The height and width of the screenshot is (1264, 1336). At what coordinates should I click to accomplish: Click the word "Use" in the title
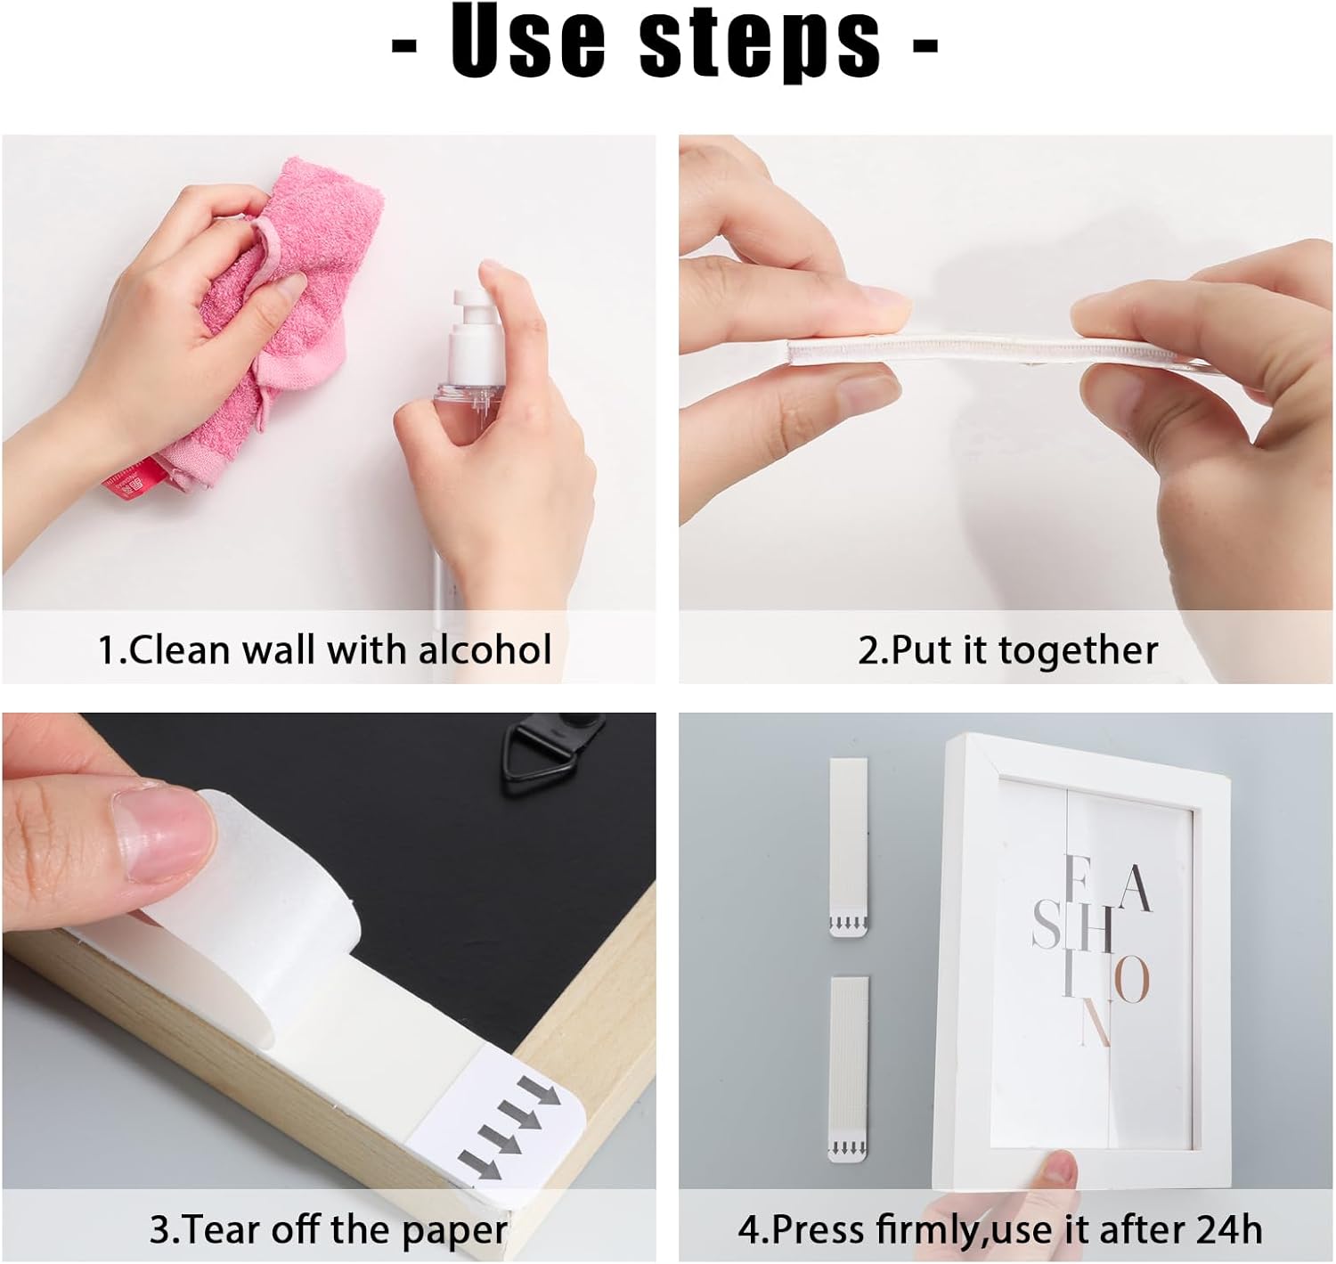click(526, 42)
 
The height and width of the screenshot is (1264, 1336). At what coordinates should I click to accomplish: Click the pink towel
click(294, 294)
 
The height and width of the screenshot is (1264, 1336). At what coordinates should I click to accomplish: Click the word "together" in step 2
click(1079, 651)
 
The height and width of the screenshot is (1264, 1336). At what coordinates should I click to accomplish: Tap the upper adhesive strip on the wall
click(849, 846)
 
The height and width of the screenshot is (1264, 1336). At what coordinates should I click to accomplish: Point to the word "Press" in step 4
click(820, 1229)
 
